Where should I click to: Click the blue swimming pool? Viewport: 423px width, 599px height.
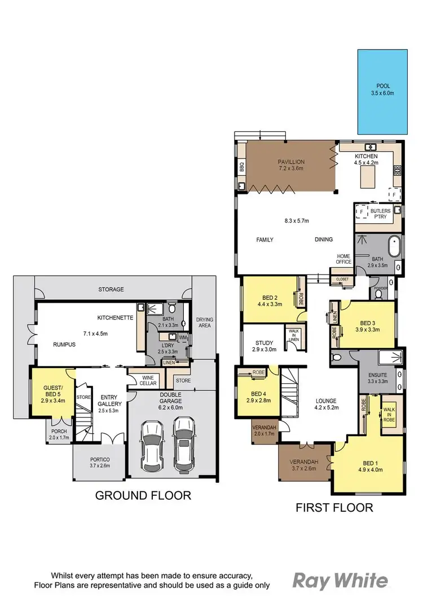click(382, 92)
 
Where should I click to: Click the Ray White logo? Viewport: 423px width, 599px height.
click(340, 580)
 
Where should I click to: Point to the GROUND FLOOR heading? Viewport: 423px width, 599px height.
click(143, 495)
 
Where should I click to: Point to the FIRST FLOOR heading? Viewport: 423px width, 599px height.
click(334, 508)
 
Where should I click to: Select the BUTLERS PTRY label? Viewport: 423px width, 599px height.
click(380, 214)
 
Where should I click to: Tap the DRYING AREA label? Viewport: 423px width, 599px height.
click(204, 323)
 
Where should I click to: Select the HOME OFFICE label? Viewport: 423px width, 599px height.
click(344, 259)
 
